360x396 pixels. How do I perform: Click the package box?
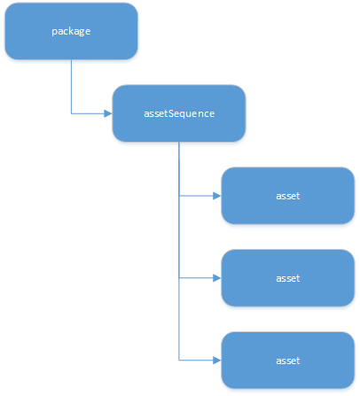[71, 31]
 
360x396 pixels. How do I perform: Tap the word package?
[71, 31]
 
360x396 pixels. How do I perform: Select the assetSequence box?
[179, 113]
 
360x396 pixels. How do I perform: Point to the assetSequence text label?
[179, 113]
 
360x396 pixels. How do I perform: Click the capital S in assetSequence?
[171, 113]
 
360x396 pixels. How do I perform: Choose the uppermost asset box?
[288, 196]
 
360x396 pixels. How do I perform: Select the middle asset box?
[288, 278]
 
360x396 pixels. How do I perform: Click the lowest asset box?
[288, 361]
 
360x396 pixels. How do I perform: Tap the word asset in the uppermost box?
[288, 196]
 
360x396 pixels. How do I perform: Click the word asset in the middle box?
[288, 278]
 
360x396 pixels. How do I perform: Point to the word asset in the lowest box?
[288, 361]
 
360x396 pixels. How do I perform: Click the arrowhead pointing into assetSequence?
[108, 113]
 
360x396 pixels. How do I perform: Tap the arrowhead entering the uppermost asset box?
[217, 196]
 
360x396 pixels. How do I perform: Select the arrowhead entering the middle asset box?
[217, 278]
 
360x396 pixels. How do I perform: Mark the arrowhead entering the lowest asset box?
[217, 361]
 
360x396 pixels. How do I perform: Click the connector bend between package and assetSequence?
[71, 113]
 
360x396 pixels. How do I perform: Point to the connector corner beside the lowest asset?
[179, 361]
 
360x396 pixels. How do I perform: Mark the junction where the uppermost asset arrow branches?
[179, 196]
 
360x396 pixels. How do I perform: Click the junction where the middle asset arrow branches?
[179, 278]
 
